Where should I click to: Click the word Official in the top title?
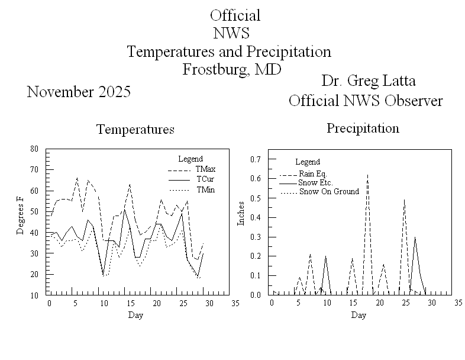coord(235,15)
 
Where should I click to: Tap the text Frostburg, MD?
coord(231,69)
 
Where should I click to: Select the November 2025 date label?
coord(79,92)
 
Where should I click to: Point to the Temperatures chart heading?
coord(135,130)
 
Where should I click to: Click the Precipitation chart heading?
coord(363,128)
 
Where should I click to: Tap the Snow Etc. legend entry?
coord(316,182)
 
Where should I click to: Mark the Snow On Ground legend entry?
coord(329,191)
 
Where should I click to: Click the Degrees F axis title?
coord(21,219)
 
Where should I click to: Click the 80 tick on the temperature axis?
coord(35,149)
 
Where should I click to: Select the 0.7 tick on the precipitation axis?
coord(256,159)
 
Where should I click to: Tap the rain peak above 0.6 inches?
coord(367,175)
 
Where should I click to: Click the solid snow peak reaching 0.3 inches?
coord(415,237)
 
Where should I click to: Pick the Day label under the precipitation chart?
coord(359,315)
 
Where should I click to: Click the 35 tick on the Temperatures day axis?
coord(235,303)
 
